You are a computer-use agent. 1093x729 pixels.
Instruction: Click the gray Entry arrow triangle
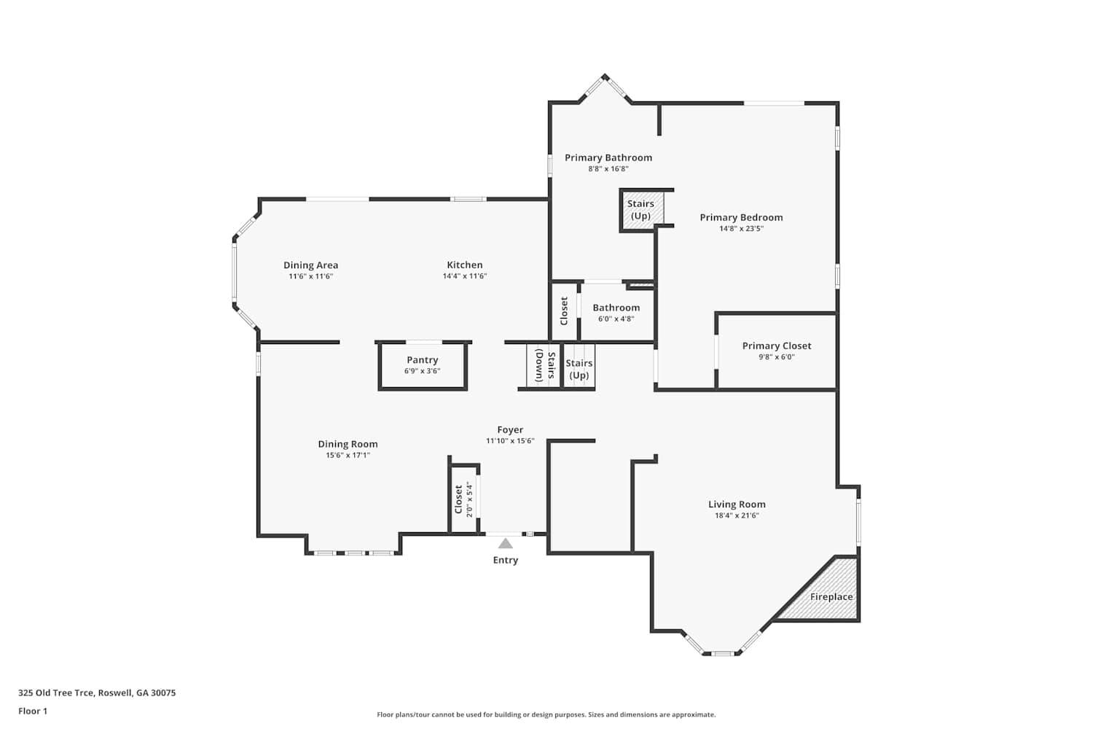point(506,543)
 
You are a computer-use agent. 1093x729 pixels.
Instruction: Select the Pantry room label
point(423,360)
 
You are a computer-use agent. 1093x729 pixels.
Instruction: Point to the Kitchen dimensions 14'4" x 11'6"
point(465,276)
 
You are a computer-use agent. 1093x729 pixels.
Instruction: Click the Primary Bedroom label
point(741,217)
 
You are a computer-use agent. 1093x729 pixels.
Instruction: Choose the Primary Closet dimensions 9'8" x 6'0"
point(776,357)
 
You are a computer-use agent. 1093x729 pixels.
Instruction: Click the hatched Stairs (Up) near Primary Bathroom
point(642,210)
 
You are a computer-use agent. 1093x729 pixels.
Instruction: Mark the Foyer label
point(510,429)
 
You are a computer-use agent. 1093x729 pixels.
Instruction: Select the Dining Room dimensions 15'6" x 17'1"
point(348,455)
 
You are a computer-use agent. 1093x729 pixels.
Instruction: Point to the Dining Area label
point(311,265)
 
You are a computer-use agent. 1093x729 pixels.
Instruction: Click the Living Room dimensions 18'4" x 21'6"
point(737,515)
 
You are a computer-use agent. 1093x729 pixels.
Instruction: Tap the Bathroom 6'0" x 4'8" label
point(616,313)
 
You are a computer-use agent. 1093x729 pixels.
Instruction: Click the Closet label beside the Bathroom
point(564,311)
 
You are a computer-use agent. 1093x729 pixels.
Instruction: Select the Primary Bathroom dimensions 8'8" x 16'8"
point(608,169)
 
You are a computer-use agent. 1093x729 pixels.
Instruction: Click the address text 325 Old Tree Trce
point(56,693)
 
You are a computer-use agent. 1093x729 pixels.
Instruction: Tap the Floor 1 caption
point(33,711)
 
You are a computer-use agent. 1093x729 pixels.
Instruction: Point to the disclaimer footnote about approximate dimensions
point(546,714)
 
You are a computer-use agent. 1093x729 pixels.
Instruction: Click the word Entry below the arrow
point(506,560)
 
